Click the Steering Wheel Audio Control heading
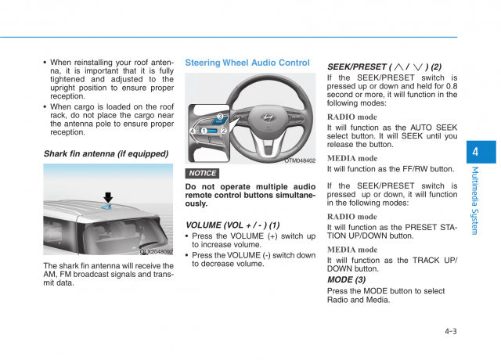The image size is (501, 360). click(x=247, y=63)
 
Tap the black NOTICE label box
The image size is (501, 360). click(x=202, y=173)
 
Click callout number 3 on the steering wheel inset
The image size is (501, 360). click(x=220, y=117)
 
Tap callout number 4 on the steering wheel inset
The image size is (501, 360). click(x=192, y=130)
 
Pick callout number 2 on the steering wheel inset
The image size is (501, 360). click(x=223, y=131)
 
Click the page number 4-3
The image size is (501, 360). click(x=450, y=331)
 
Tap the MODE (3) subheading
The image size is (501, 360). click(x=346, y=279)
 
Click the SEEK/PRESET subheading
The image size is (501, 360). click(x=384, y=67)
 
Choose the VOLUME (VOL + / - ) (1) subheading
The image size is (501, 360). click(x=232, y=225)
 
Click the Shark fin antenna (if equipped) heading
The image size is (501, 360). click(x=106, y=154)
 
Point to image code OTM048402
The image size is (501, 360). click(x=300, y=160)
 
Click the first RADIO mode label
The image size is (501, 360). click(x=351, y=117)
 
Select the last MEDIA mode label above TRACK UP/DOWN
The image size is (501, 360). click(x=351, y=250)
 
